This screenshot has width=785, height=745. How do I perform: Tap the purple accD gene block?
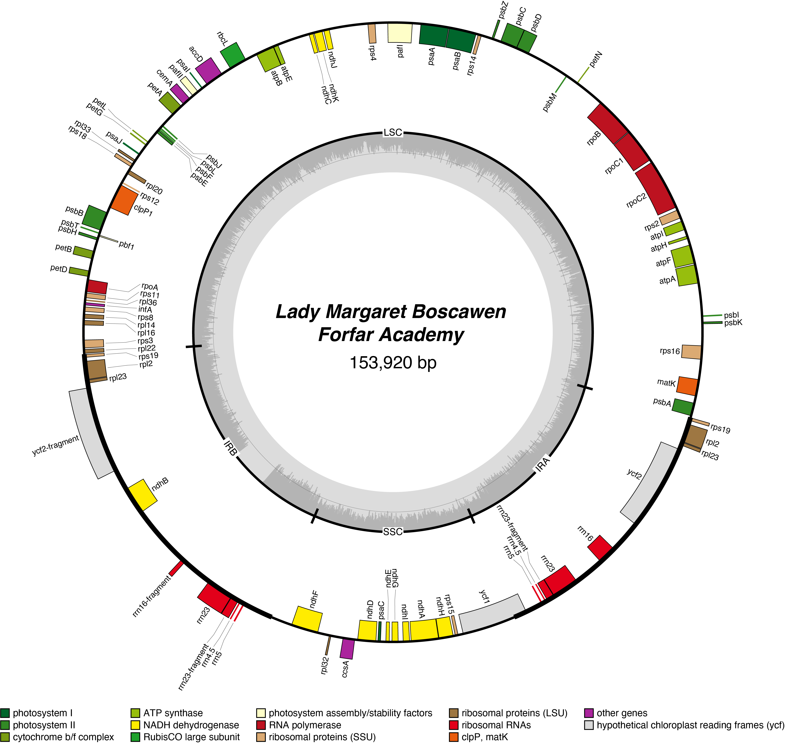tap(208, 70)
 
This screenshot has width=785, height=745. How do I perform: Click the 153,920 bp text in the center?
tap(393, 363)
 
